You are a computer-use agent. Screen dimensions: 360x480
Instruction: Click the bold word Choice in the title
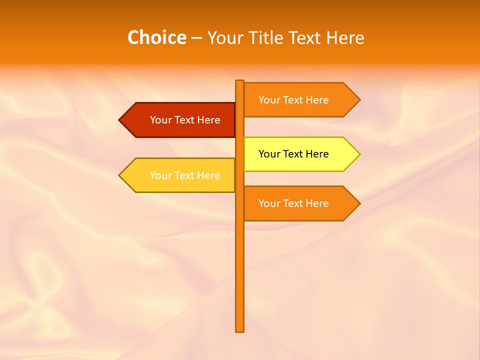[x=156, y=37]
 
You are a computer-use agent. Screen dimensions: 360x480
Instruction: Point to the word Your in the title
[x=226, y=37]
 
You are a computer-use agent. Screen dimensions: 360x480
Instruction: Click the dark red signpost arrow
[x=180, y=120]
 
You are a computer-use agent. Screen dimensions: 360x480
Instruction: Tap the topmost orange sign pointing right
[x=297, y=100]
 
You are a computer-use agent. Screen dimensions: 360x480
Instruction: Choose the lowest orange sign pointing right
[x=297, y=203]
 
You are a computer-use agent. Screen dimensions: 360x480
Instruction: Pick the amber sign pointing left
[x=180, y=175]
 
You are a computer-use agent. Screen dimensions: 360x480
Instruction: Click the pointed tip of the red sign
[x=120, y=120]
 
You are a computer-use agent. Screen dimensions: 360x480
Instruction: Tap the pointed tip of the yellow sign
[x=359, y=154]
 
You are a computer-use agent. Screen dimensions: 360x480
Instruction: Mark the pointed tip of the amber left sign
[x=120, y=175]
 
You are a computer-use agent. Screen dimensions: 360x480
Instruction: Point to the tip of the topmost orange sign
[x=359, y=100]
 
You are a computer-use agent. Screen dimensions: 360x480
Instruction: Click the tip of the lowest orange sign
[x=359, y=203]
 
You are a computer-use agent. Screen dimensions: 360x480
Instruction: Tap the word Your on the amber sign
[x=160, y=175]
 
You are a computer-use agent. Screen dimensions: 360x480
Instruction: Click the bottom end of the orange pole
[x=240, y=330]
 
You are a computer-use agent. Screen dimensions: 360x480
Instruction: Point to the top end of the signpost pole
[x=240, y=81]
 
